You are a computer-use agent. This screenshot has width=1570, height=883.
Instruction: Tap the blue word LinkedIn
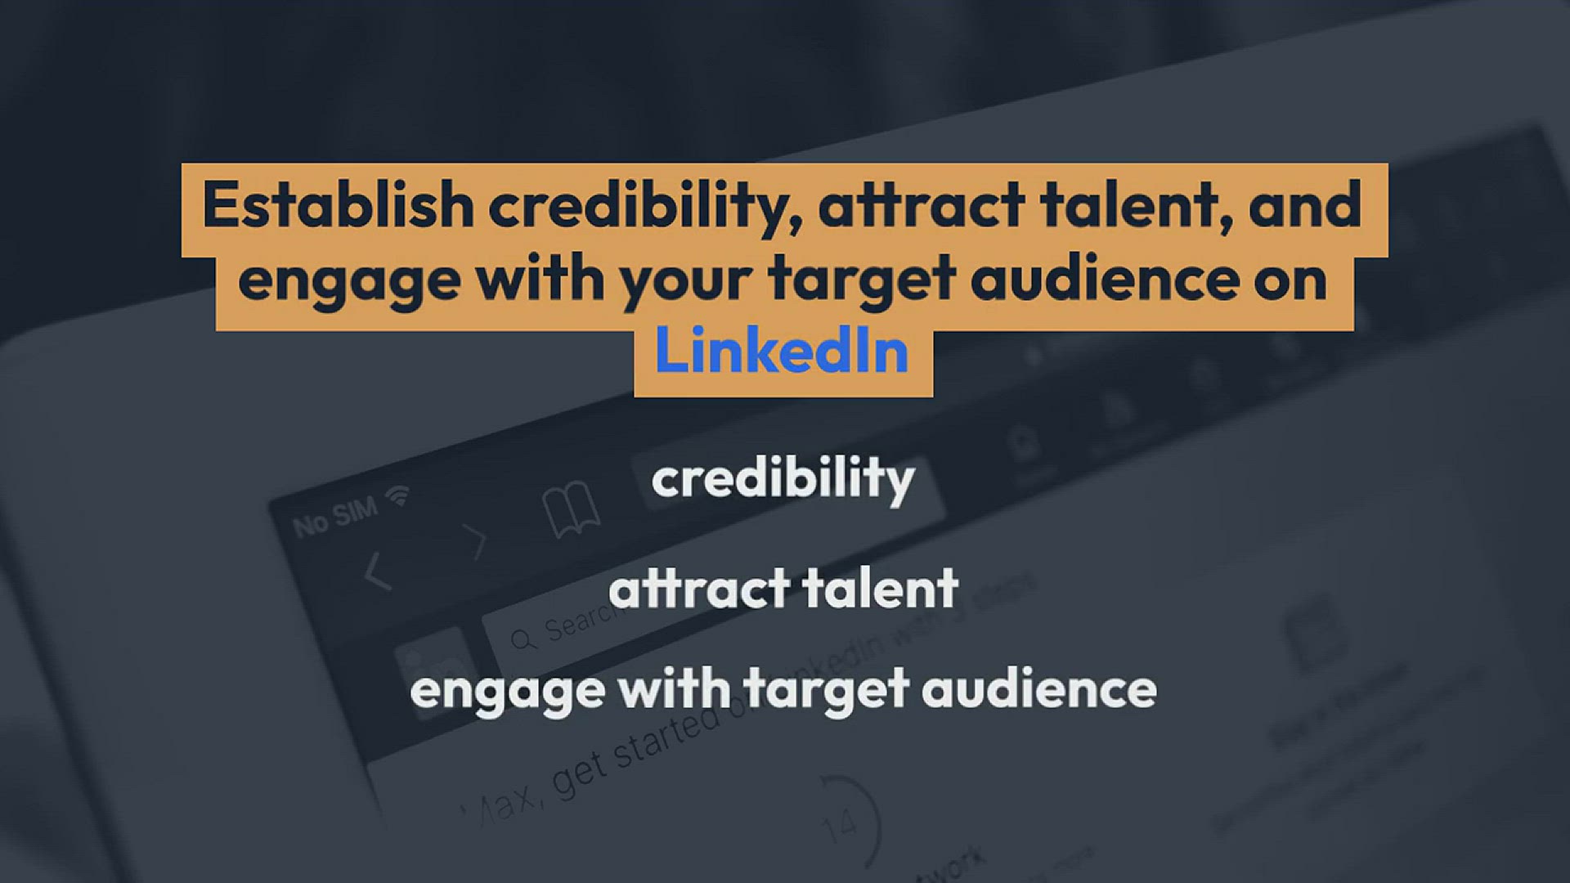pos(782,352)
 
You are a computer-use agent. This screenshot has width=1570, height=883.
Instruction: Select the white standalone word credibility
pos(783,480)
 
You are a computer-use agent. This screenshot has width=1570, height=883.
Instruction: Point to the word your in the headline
pos(685,280)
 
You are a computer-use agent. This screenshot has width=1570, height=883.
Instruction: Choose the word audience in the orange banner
pos(1106,280)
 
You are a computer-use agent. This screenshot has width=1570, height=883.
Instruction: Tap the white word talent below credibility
pos(880,589)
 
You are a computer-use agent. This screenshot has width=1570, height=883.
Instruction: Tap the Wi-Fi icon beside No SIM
pos(399,495)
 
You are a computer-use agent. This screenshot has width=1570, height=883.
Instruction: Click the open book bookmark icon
pos(571,509)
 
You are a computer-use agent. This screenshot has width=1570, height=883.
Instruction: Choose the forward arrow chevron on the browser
pos(473,541)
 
